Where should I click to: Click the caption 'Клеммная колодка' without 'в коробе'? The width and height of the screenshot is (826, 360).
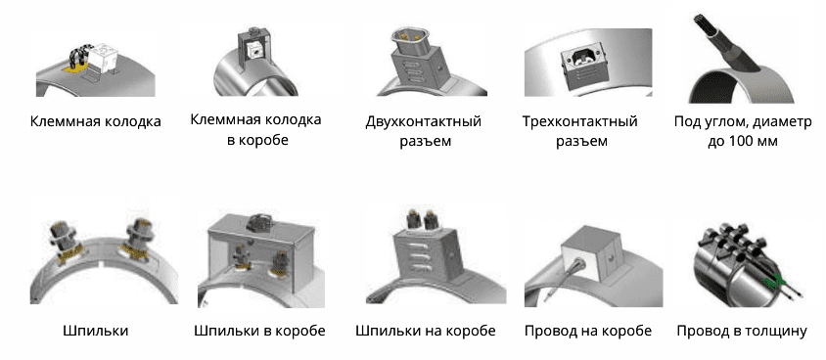pyautogui.click(x=95, y=121)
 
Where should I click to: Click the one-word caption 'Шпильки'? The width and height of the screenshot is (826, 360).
pyautogui.click(x=95, y=331)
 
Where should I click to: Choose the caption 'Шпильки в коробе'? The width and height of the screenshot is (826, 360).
pyautogui.click(x=259, y=331)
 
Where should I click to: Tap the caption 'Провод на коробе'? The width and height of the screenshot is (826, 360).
pyautogui.click(x=581, y=331)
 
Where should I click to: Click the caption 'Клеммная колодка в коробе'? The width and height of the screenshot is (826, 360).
pyautogui.click(x=261, y=131)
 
